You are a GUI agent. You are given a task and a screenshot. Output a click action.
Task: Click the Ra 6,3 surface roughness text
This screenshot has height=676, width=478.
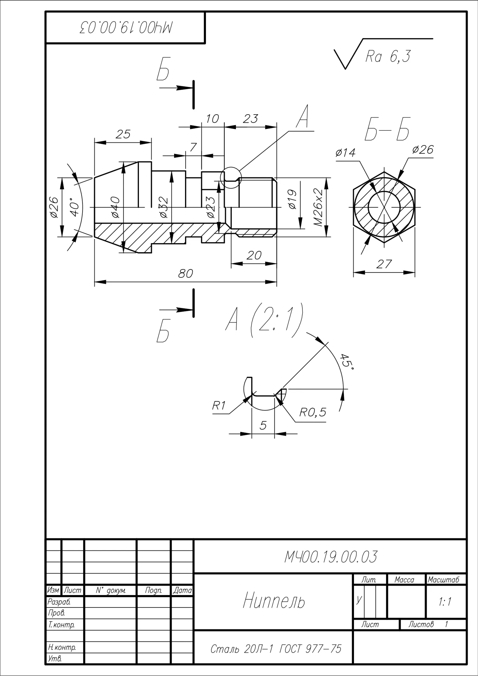point(388,56)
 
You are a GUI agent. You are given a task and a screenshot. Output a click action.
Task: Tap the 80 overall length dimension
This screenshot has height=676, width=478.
point(185,273)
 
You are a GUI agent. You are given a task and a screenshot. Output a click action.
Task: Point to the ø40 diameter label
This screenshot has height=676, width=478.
point(116,207)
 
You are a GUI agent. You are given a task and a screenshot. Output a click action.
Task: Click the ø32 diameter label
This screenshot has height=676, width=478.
point(163,207)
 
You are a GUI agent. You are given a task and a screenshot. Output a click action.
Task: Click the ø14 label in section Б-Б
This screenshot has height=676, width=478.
point(345,152)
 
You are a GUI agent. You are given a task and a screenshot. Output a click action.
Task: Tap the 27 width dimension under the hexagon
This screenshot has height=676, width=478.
point(384,264)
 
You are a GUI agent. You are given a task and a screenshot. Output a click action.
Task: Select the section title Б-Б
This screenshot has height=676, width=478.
point(387,129)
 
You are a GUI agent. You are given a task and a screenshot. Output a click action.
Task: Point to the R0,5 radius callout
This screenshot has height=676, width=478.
point(313,412)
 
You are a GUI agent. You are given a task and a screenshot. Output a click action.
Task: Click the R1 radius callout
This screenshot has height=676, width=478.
point(219,405)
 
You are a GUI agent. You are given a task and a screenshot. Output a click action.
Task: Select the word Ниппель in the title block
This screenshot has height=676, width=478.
point(274,601)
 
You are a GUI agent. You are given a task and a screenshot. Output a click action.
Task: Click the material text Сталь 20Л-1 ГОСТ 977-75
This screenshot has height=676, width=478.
point(276,649)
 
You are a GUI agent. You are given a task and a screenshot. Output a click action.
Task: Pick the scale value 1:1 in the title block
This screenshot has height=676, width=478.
point(445,601)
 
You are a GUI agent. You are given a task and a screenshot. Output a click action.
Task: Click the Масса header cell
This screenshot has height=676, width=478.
point(404,580)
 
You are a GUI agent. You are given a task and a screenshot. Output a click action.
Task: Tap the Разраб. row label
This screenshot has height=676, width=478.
point(57,601)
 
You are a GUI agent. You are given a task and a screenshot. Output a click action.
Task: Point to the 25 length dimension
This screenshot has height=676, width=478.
point(123,134)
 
